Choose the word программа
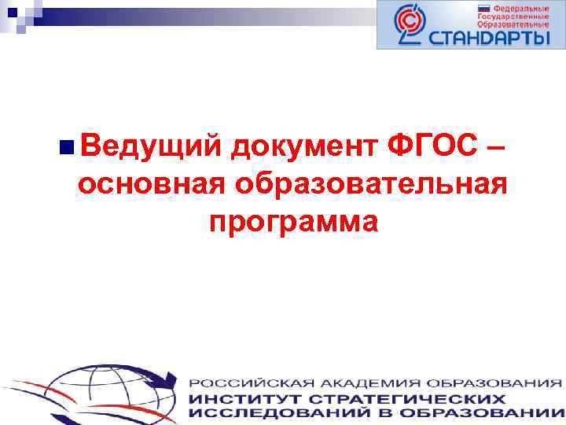293,222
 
